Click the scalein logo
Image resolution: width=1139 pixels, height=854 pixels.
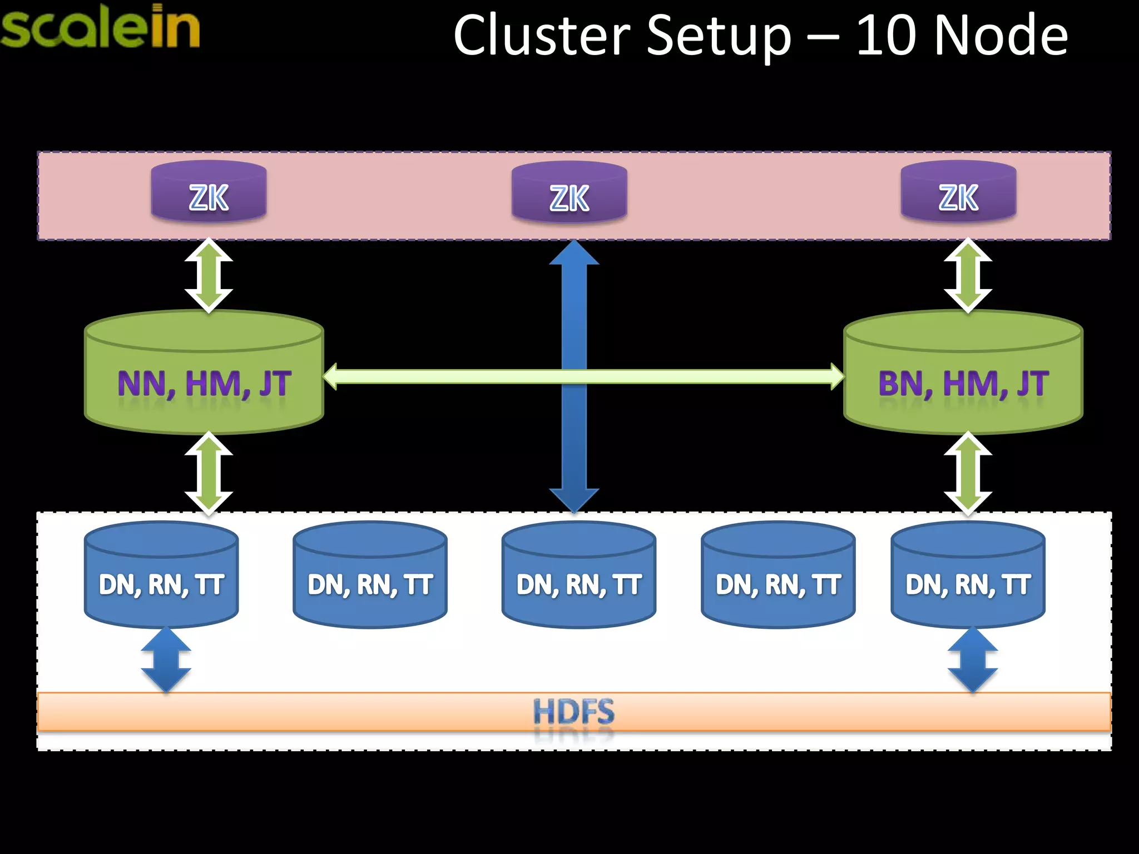tap(100, 27)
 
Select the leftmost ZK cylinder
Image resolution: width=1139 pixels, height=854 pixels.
tap(209, 192)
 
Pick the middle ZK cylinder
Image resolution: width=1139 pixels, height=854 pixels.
tap(569, 192)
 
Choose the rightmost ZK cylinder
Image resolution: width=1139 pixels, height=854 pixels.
tap(958, 192)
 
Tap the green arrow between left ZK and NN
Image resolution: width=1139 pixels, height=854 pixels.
tap(209, 275)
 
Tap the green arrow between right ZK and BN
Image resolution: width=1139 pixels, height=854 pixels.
tap(968, 275)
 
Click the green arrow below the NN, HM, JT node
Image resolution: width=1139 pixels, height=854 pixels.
tap(209, 473)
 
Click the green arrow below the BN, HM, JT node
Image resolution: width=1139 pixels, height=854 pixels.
tap(968, 473)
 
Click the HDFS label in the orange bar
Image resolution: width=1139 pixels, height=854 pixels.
tap(574, 712)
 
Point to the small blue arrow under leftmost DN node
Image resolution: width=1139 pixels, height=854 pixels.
tap(166, 660)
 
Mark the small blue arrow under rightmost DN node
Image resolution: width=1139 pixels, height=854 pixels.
tap(972, 660)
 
